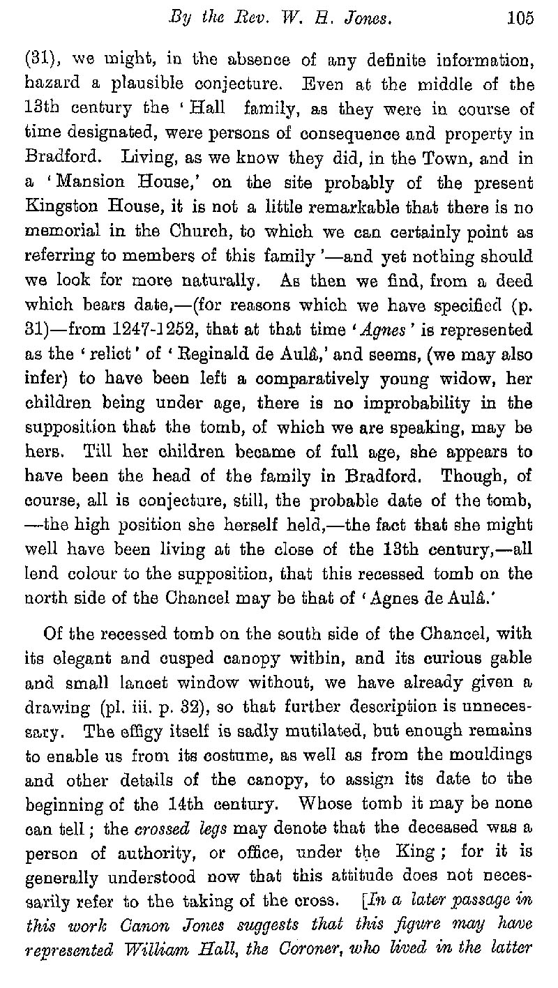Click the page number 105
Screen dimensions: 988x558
520,19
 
